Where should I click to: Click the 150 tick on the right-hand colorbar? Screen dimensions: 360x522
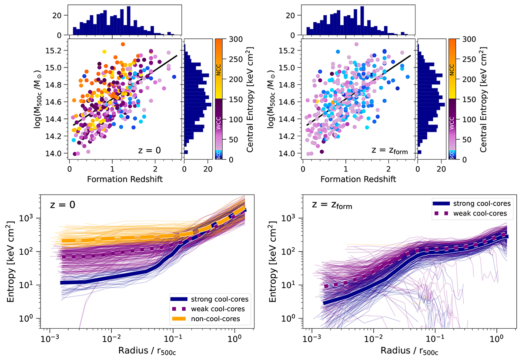pyautogui.click(x=467, y=99)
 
